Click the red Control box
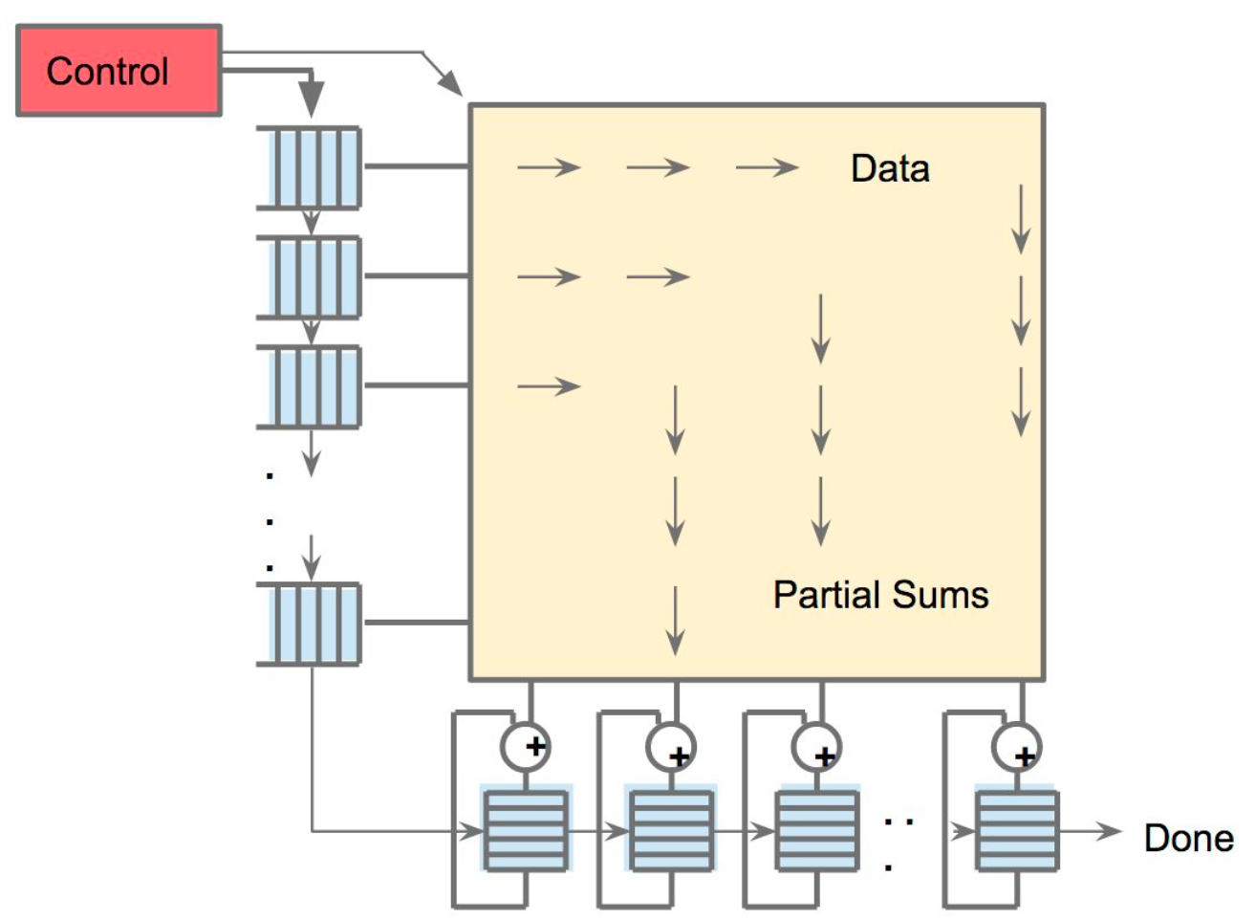pos(119,72)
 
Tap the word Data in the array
pos(889,168)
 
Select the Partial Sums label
pos(879,595)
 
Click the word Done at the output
pos(1188,839)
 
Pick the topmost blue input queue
pos(310,167)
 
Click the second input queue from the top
pos(310,277)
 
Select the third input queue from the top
pos(310,387)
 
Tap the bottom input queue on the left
pos(310,624)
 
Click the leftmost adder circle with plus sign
pos(526,747)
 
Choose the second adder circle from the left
pos(671,747)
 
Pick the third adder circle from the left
pos(816,747)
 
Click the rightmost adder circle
pos(1016,747)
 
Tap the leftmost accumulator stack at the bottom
pos(525,829)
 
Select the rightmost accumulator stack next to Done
pos(1016,829)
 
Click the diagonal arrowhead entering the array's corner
pos(449,83)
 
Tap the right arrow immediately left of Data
pos(767,168)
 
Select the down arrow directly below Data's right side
pos(1021,219)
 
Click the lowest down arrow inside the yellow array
pos(675,621)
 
